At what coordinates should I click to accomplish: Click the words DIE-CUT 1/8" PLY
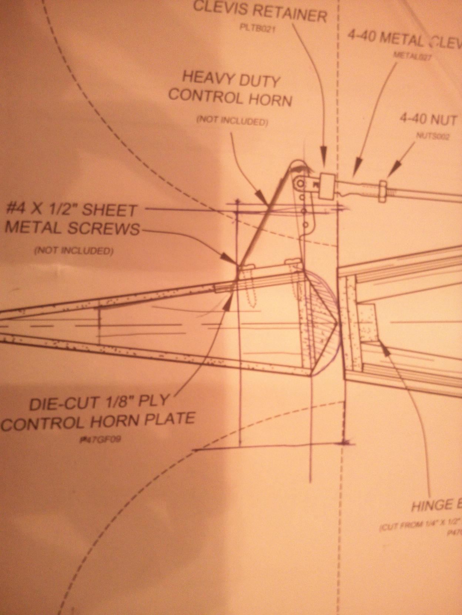[x=99, y=402]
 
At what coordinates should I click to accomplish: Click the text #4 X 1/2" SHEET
[x=72, y=211]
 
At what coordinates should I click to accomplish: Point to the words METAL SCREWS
[x=72, y=228]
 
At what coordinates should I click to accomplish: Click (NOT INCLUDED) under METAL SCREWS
[x=73, y=251]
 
